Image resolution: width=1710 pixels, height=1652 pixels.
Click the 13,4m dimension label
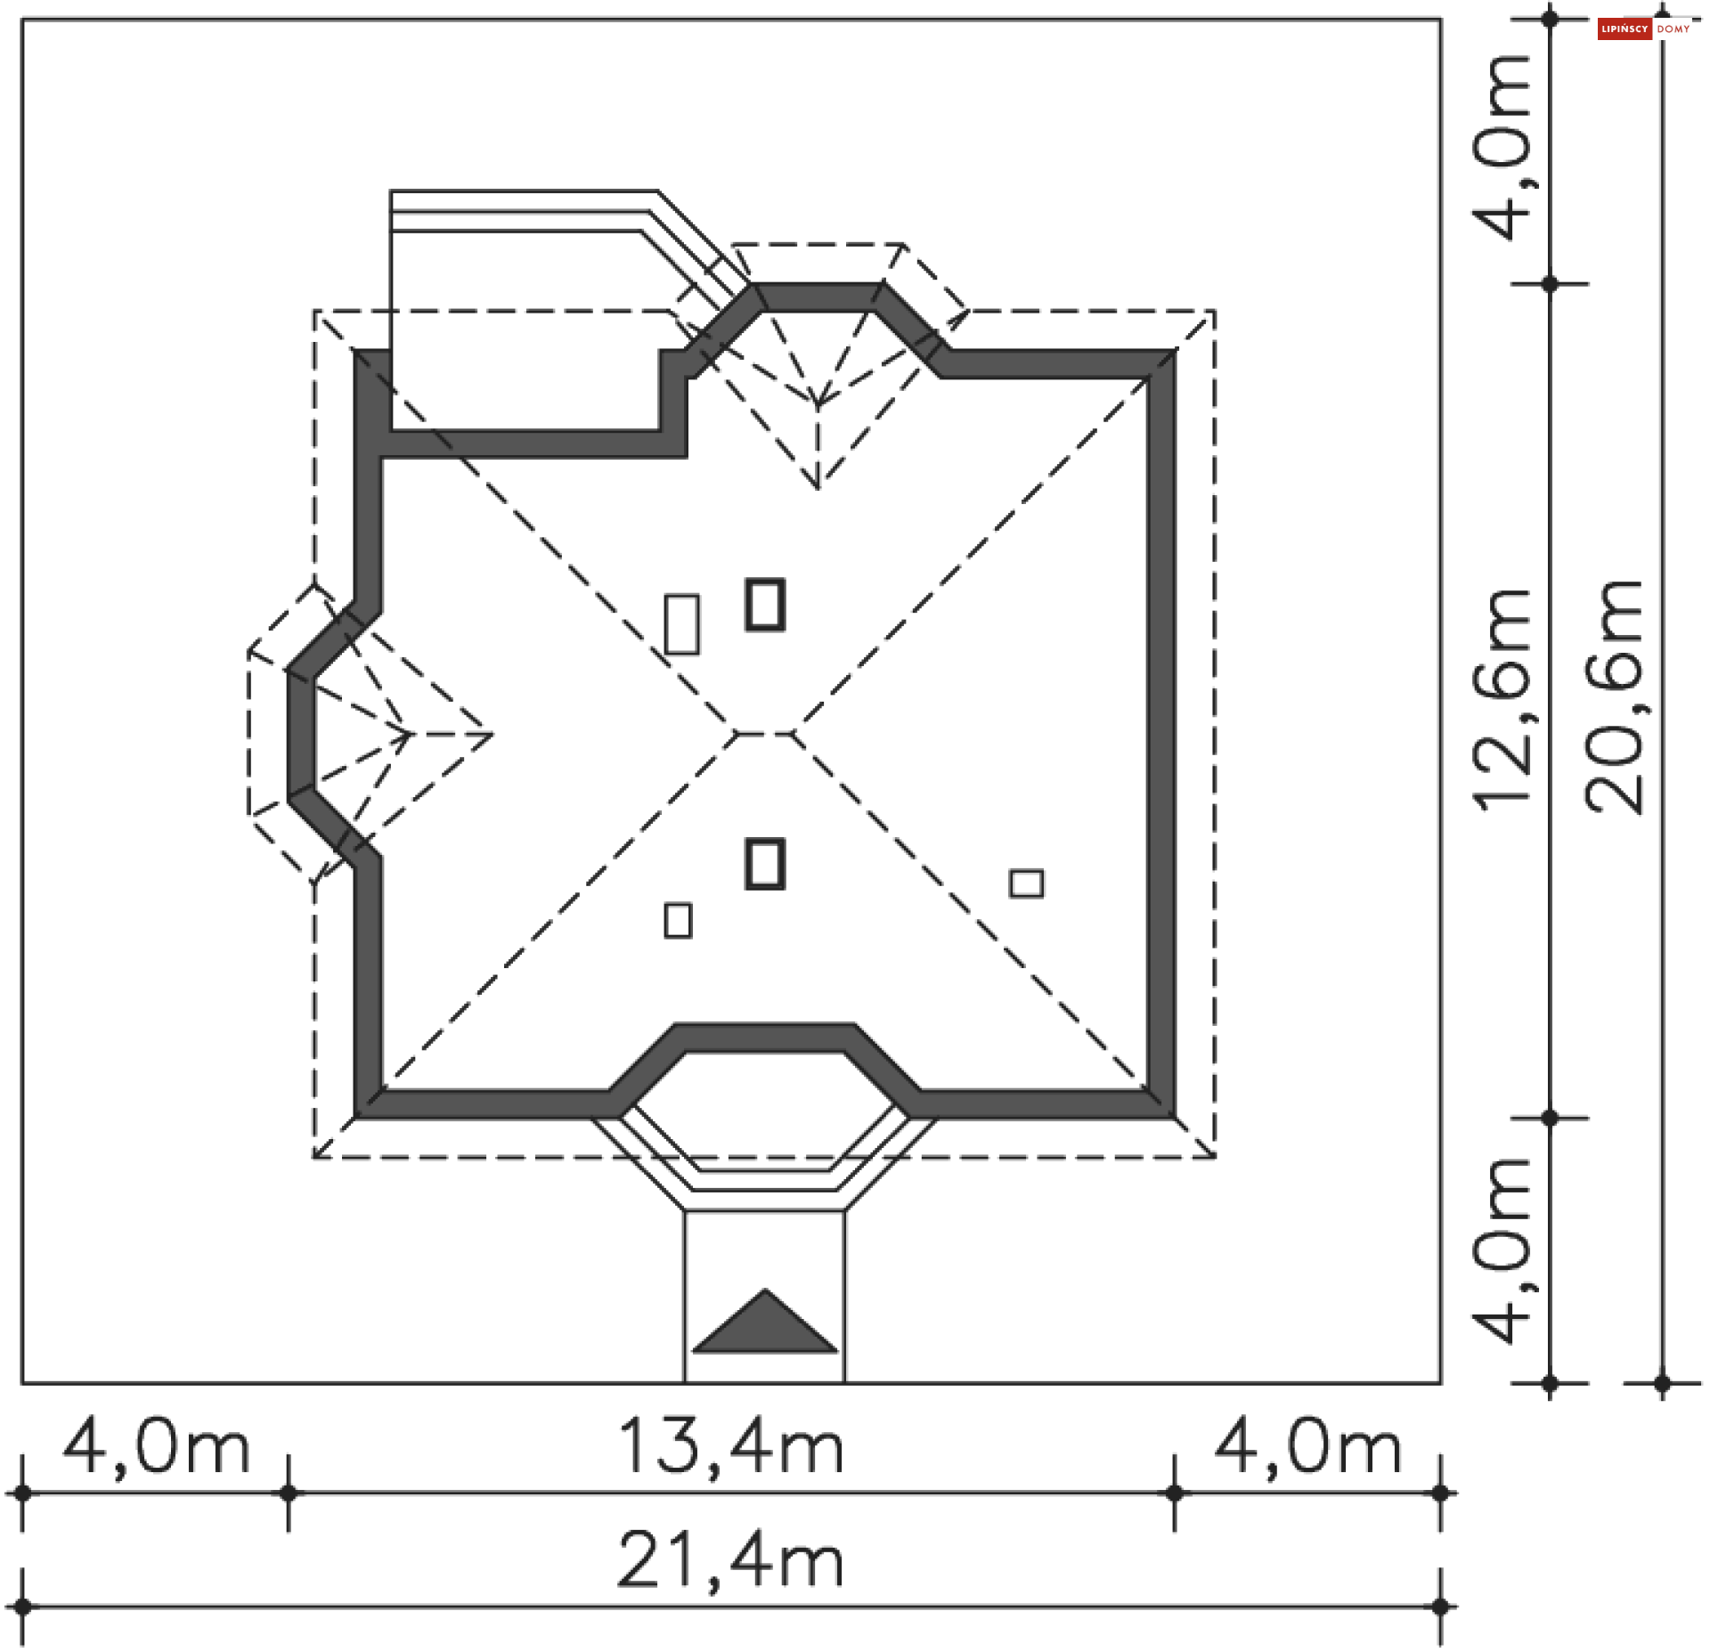[730, 1448]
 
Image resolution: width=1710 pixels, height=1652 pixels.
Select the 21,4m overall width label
[730, 1560]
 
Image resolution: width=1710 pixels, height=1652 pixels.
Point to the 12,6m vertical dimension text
[1502, 700]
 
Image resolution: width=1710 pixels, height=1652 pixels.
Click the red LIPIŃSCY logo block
[1624, 29]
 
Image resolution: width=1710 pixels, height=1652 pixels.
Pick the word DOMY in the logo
[1673, 29]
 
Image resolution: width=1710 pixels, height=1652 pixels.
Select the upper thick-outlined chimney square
[765, 605]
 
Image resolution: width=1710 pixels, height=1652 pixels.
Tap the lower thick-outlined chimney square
[765, 864]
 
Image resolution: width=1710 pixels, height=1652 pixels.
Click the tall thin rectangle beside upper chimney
[682, 624]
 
